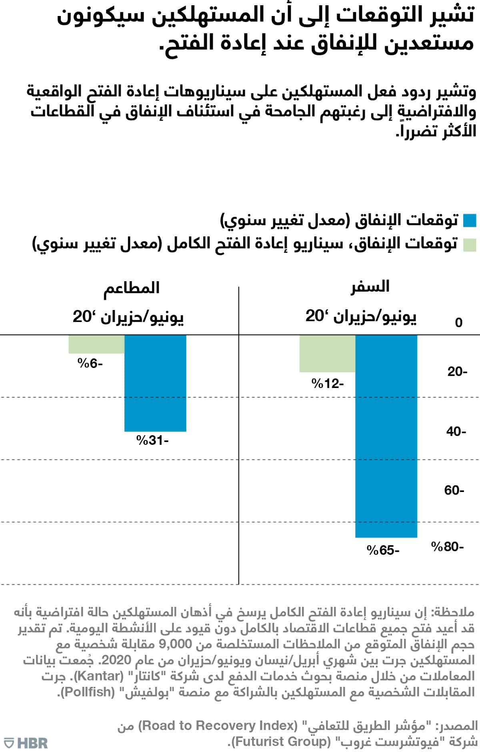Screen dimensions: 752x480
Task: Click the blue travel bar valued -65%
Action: (x=386, y=436)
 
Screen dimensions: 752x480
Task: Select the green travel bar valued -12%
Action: (x=327, y=354)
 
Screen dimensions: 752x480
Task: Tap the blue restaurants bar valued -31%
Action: (x=155, y=383)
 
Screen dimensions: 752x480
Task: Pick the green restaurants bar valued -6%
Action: (x=96, y=344)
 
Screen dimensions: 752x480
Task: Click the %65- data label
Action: (x=383, y=550)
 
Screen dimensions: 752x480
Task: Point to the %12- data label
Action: (x=328, y=384)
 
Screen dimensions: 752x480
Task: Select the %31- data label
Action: (x=152, y=440)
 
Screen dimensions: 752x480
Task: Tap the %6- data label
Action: (x=90, y=364)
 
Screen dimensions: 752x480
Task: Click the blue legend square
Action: (x=470, y=221)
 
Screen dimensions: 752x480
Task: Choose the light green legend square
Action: (x=470, y=244)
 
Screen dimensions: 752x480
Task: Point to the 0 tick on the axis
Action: (x=459, y=322)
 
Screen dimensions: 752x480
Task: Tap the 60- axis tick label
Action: (x=454, y=490)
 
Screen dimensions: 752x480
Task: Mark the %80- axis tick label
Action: (x=447, y=546)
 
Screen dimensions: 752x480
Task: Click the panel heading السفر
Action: (x=370, y=287)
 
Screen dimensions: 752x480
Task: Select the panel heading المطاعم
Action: (x=132, y=288)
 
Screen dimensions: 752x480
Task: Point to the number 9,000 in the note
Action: (x=175, y=644)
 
